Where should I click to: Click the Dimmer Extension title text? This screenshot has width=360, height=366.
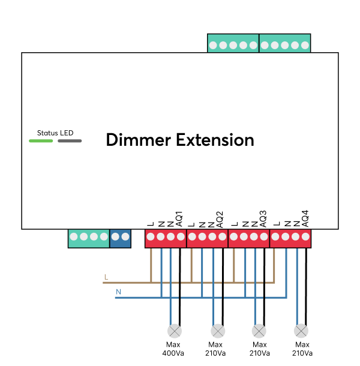(180, 140)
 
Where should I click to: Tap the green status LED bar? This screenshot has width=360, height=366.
(41, 141)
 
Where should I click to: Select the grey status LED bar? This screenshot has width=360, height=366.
(70, 141)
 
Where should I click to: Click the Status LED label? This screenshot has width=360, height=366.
(55, 133)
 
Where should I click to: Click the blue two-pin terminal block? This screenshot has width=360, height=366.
(120, 238)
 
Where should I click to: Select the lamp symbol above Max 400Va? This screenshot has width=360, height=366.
(175, 331)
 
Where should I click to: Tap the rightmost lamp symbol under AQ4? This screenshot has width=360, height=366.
(302, 331)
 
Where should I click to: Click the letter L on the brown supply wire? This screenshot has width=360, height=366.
(106, 277)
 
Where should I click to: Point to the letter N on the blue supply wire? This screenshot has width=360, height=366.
(118, 292)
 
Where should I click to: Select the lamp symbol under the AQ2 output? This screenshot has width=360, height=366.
(217, 331)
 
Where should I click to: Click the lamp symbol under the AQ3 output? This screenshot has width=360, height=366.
(259, 331)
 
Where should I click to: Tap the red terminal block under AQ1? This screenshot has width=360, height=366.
(166, 238)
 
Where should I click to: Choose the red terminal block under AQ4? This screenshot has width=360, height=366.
(291, 238)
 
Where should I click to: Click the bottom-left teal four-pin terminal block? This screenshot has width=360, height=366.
(89, 238)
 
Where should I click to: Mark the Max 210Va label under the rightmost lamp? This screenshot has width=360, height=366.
(302, 349)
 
